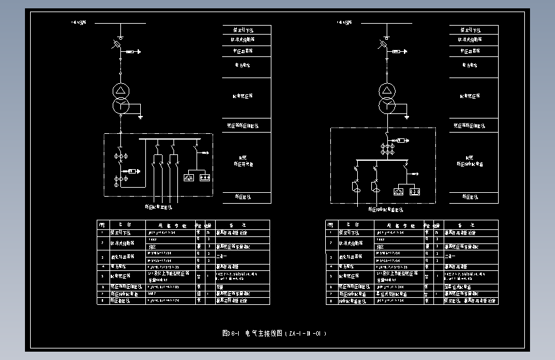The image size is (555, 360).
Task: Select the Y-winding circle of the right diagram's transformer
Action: point(387,104)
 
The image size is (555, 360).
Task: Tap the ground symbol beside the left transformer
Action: point(140,117)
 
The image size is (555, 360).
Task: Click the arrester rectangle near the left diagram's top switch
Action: point(131,51)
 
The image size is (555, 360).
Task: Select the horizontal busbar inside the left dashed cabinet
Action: point(170,138)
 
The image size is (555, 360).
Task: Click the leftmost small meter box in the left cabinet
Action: point(190,177)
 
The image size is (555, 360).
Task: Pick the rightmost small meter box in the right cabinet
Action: point(414,191)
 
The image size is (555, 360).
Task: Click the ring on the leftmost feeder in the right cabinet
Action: point(357,187)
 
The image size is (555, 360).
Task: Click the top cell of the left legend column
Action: point(247,30)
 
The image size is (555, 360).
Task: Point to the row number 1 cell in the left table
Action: point(102,233)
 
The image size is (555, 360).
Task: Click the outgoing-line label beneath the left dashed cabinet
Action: point(158,207)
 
